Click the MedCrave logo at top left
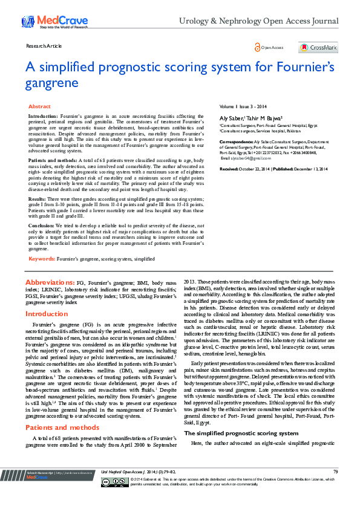[44, 22]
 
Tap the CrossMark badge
[318, 48]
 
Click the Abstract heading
[40, 106]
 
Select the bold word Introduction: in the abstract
[44, 115]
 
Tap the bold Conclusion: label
[41, 224]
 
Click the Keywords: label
[42, 258]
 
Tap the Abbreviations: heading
[50, 282]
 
